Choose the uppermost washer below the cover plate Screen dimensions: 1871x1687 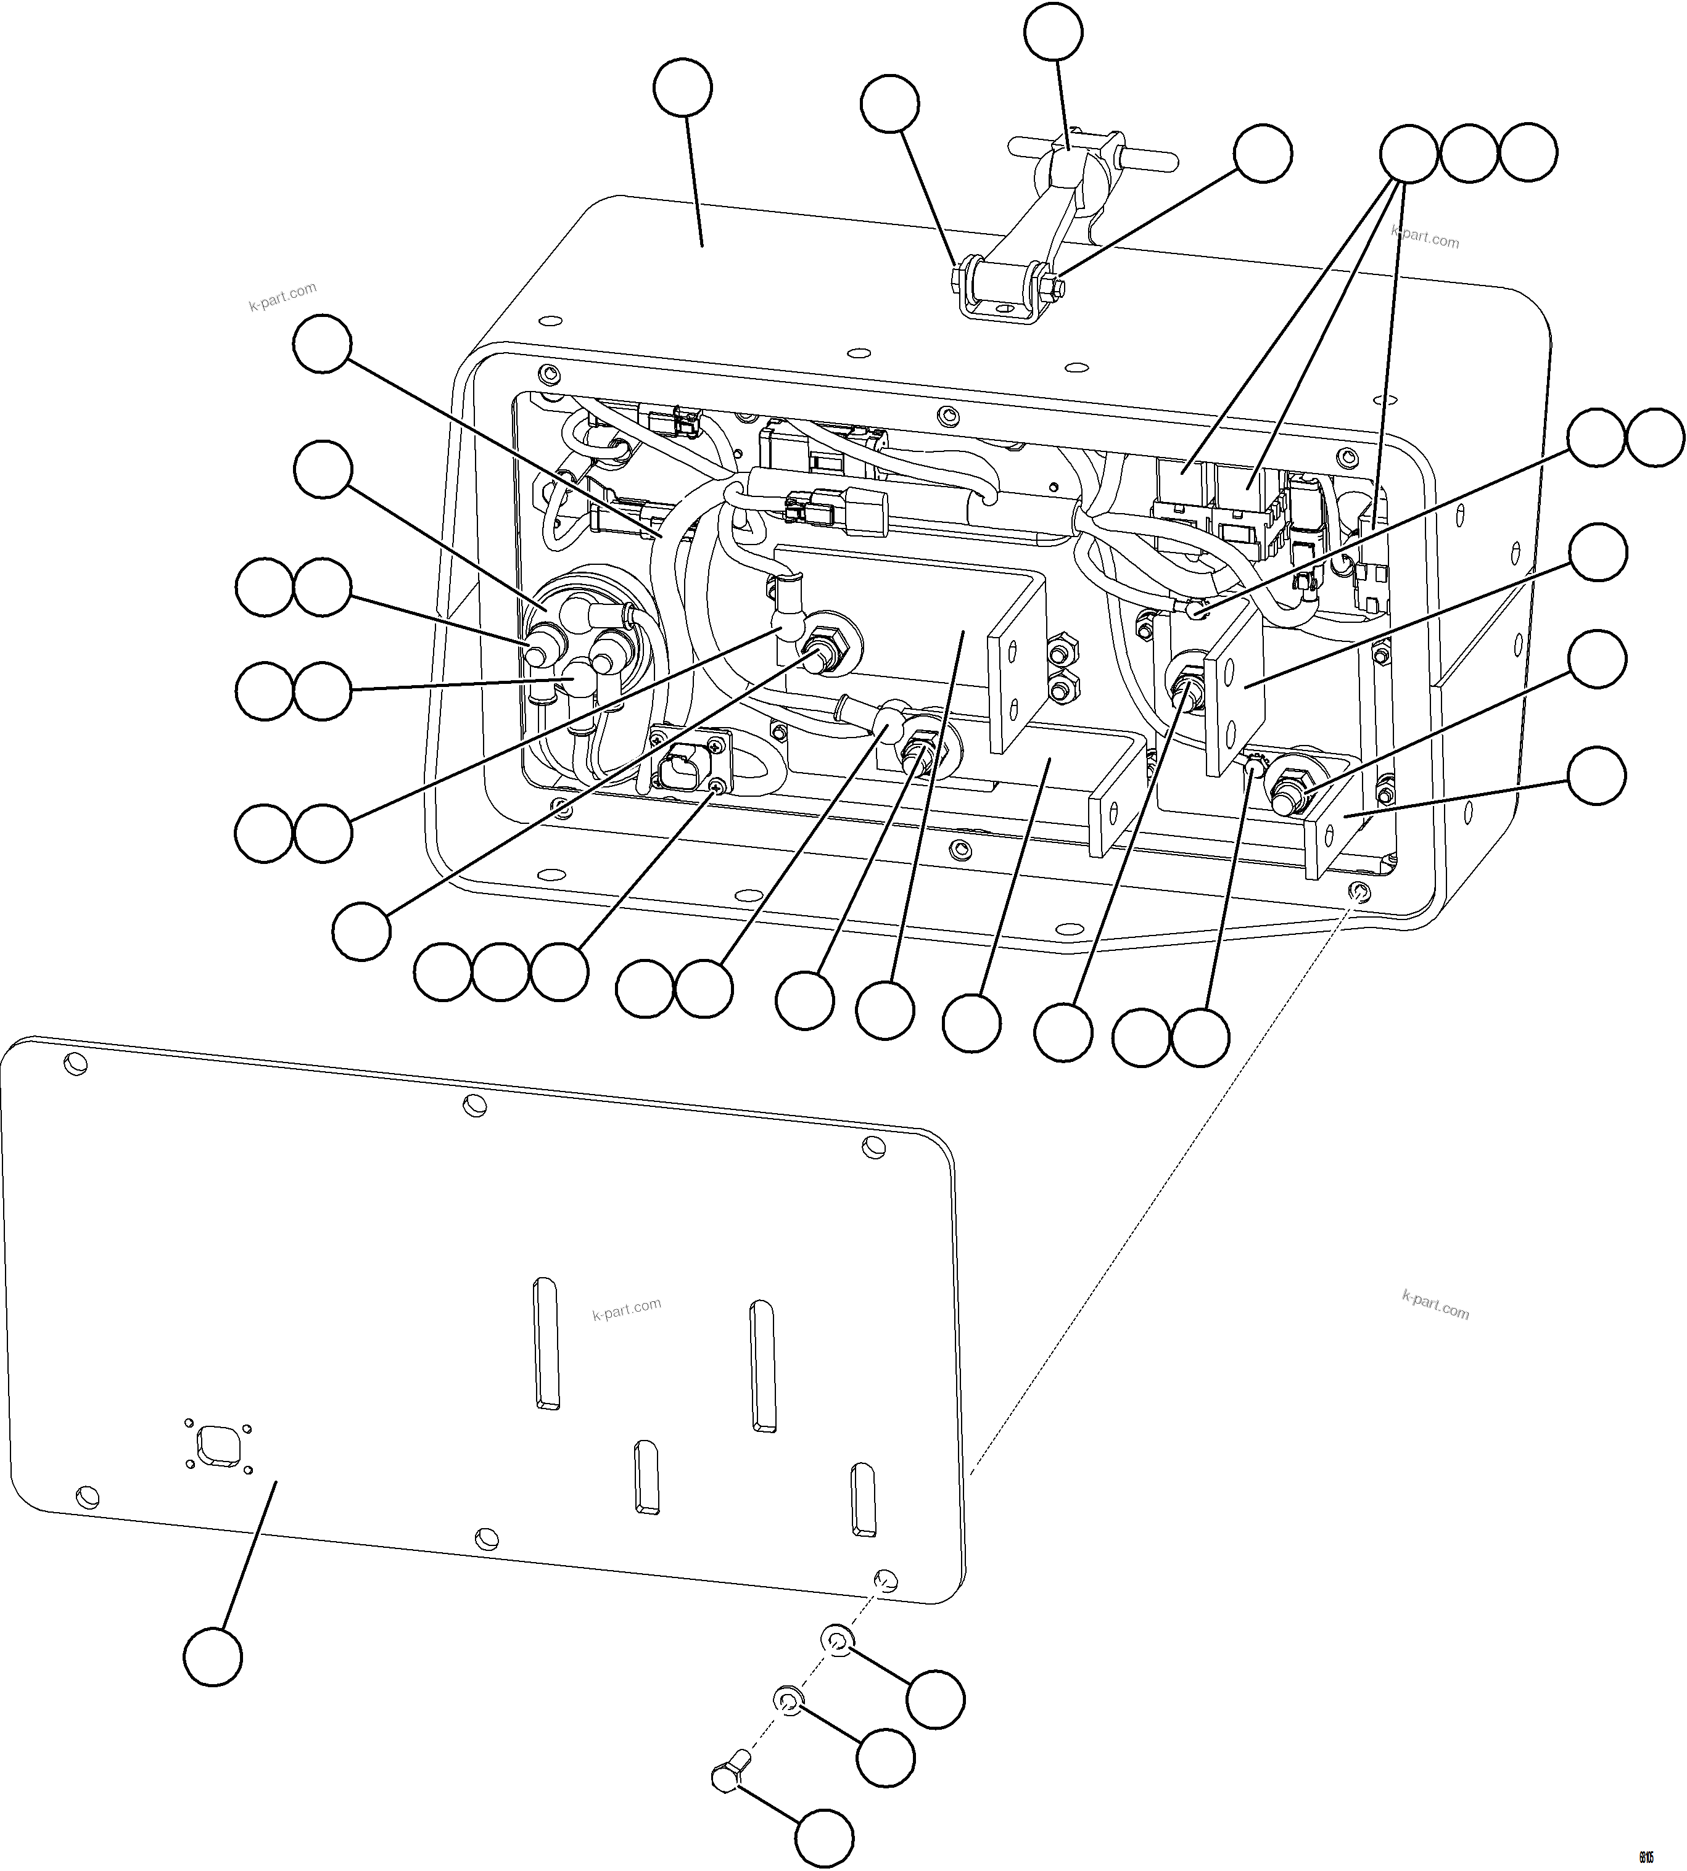pyautogui.click(x=837, y=1640)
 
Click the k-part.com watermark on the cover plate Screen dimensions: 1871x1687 pyautogui.click(x=627, y=1309)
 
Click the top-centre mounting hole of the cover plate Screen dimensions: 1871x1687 pyautogui.click(x=474, y=1104)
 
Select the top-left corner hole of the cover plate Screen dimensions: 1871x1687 pyautogui.click(x=74, y=1064)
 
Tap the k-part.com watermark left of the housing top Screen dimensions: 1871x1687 pyautogui.click(x=283, y=297)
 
